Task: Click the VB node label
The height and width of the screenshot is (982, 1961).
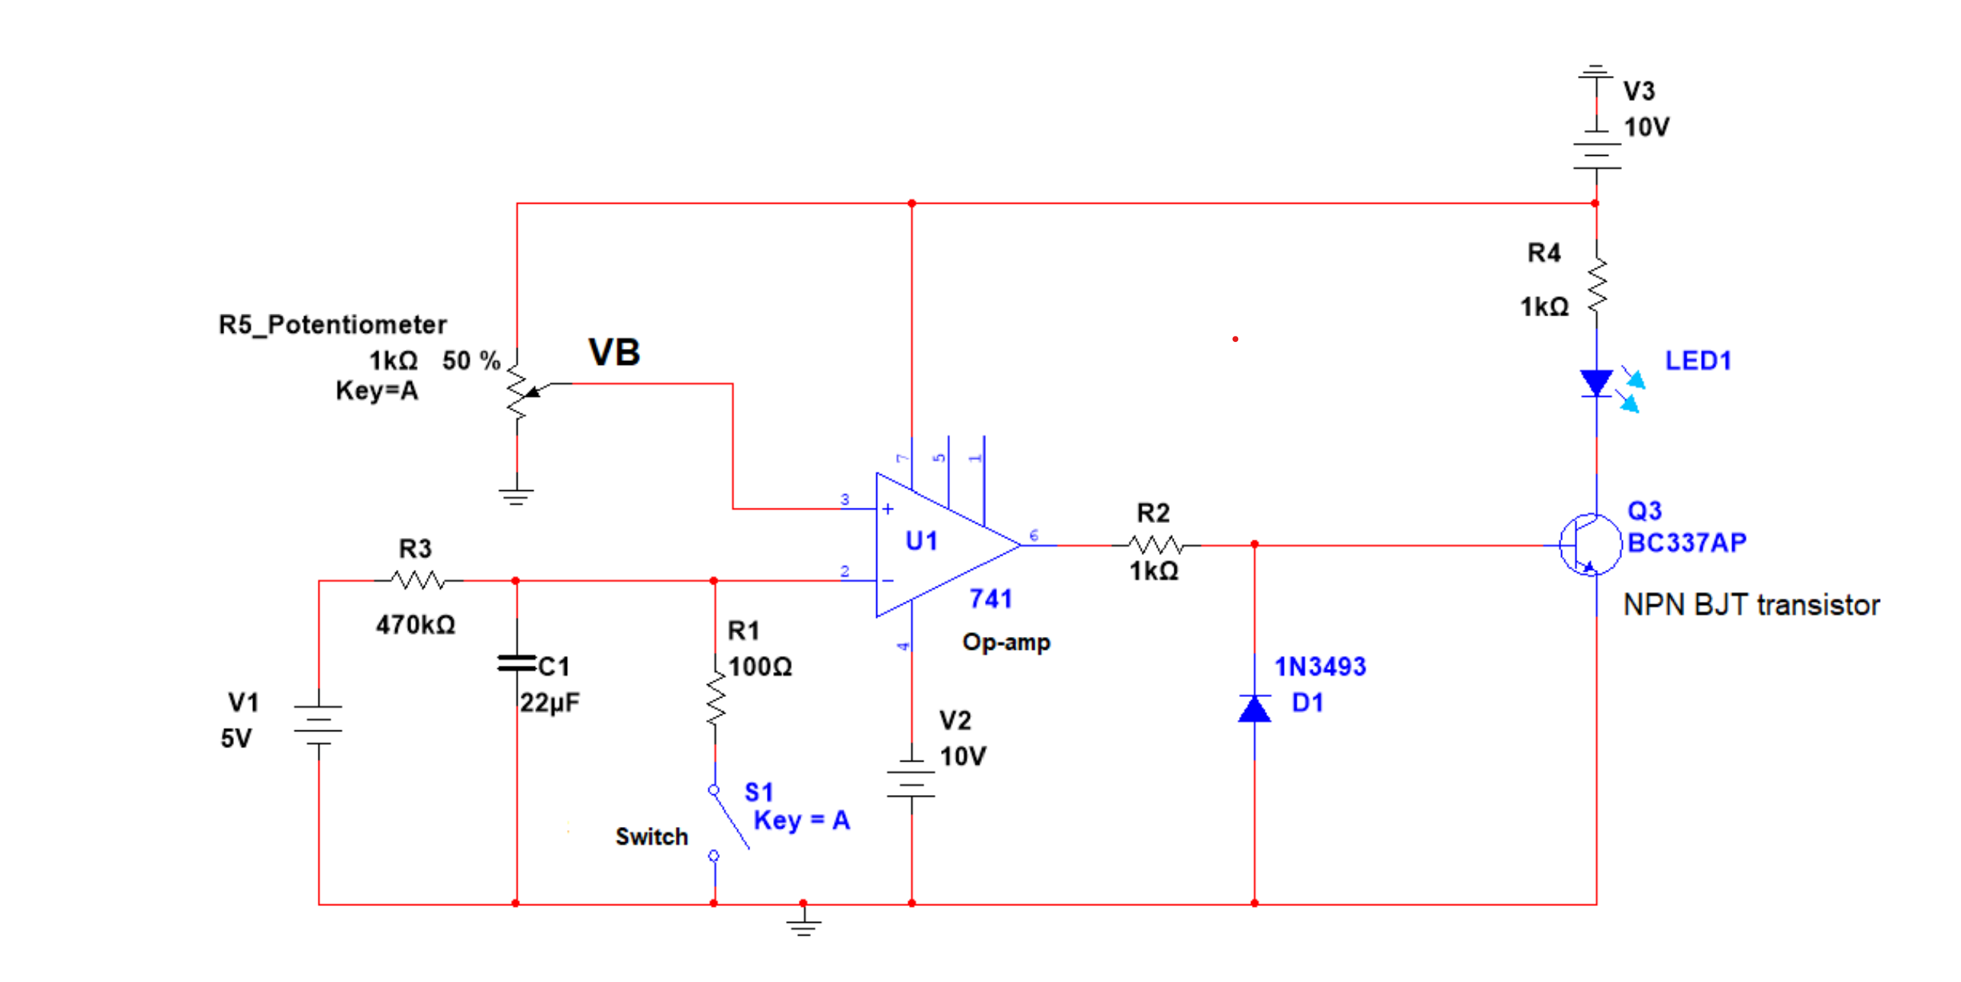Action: pyautogui.click(x=613, y=353)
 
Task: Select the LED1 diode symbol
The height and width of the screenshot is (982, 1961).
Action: pyautogui.click(x=1597, y=383)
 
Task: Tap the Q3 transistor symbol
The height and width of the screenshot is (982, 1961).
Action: pyautogui.click(x=1589, y=545)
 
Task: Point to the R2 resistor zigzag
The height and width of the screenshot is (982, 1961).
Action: pyautogui.click(x=1155, y=544)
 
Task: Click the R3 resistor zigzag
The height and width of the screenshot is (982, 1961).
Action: pyautogui.click(x=417, y=581)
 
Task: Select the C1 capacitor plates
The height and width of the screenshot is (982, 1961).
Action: pyautogui.click(x=517, y=663)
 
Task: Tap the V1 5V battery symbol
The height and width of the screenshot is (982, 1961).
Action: pyautogui.click(x=318, y=723)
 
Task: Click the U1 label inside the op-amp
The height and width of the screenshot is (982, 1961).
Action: pyautogui.click(x=921, y=541)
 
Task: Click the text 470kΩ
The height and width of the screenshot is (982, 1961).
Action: pyautogui.click(x=416, y=625)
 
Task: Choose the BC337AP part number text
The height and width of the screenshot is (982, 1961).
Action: pyautogui.click(x=1686, y=543)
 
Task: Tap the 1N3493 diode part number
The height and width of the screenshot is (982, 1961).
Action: pyautogui.click(x=1320, y=667)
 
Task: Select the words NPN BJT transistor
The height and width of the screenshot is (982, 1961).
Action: pyautogui.click(x=1751, y=605)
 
